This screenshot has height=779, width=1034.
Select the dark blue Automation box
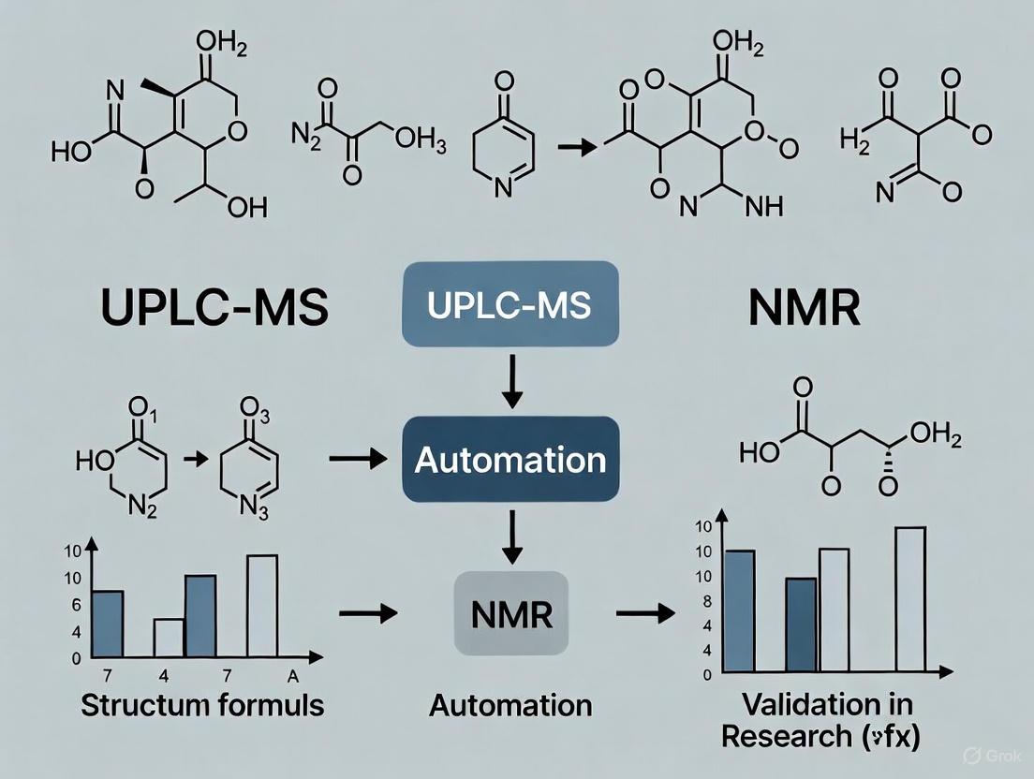click(x=510, y=459)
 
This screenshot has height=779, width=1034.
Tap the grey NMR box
click(x=510, y=614)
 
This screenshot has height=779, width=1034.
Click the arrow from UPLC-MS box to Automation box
click(x=511, y=383)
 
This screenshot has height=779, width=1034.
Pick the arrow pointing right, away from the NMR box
click(x=646, y=614)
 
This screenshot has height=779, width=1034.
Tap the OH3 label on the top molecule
click(x=413, y=139)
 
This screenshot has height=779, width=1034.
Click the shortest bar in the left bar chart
click(x=169, y=637)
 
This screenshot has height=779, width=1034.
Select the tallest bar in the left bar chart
click(x=262, y=606)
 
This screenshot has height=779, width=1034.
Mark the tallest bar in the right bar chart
click(x=910, y=599)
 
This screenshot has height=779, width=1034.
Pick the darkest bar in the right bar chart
click(x=801, y=625)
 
